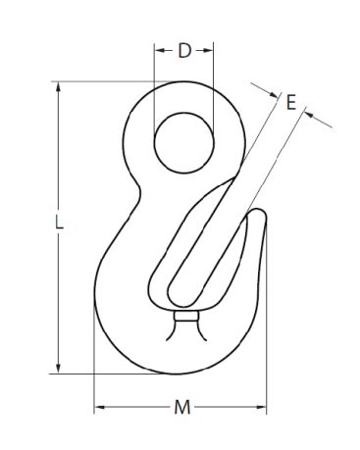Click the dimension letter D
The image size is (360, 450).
pyautogui.click(x=184, y=51)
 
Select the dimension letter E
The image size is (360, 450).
pyautogui.click(x=290, y=102)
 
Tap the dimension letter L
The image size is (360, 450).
pyautogui.click(x=59, y=223)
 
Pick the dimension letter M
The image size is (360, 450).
pyautogui.click(x=181, y=407)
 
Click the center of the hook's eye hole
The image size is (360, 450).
pyautogui.click(x=184, y=143)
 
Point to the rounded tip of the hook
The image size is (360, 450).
pyautogui.click(x=259, y=213)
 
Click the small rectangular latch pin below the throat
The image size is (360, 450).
pyautogui.click(x=185, y=317)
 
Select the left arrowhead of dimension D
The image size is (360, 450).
pyautogui.click(x=159, y=50)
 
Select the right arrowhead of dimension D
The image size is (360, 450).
pyautogui.click(x=209, y=50)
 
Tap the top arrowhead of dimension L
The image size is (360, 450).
pyautogui.click(x=59, y=86)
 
